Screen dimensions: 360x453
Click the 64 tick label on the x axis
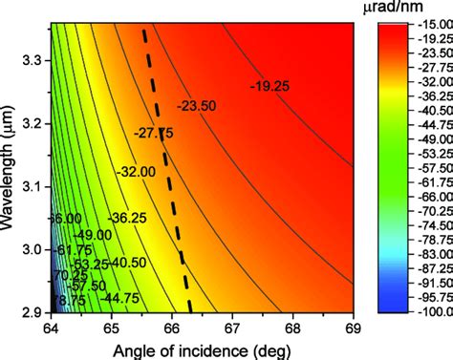pyautogui.click(x=49, y=327)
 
